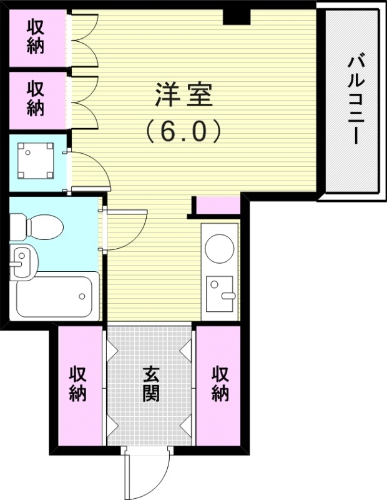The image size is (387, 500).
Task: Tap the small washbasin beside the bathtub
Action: [x=23, y=261]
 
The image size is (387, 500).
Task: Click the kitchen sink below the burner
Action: [x=220, y=292]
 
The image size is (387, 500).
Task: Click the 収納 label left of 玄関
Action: [x=78, y=383]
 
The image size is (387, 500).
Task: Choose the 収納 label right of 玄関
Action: [x=220, y=383]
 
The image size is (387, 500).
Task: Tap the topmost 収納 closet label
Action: [x=36, y=37]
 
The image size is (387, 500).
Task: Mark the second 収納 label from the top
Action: [x=36, y=99]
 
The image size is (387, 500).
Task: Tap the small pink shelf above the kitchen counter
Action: [x=218, y=205]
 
